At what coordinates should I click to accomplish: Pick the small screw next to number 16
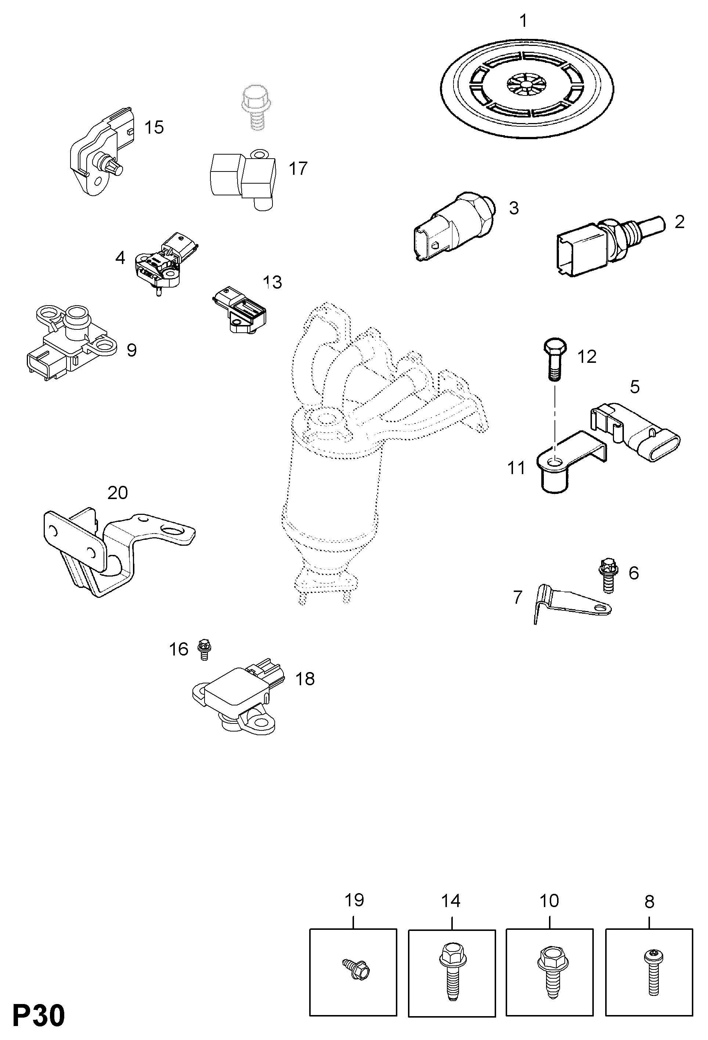[204, 649]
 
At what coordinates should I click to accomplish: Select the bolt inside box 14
[452, 971]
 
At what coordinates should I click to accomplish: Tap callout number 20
[118, 493]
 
